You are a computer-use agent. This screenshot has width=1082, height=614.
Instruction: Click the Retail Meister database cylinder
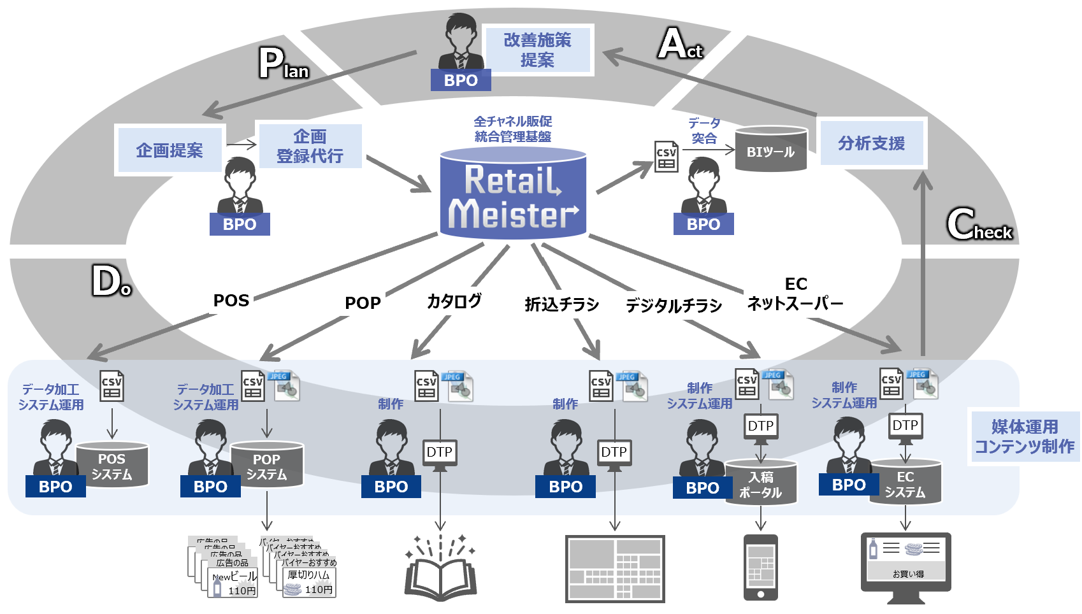513,194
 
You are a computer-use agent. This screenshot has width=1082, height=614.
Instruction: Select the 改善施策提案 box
537,50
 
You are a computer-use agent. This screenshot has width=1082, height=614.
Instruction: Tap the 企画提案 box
170,150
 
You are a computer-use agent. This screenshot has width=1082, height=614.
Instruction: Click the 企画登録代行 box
310,146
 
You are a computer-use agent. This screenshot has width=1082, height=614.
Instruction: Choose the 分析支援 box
871,143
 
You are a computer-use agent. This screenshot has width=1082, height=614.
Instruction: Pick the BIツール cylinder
770,150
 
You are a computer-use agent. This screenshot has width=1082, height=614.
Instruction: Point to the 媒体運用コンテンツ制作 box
1024,437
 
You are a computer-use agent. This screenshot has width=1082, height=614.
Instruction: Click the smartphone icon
761,568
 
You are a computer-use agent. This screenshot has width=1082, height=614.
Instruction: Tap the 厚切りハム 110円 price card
310,582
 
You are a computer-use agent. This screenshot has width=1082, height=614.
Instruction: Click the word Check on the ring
980,225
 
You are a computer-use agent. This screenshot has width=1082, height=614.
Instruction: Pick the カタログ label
454,301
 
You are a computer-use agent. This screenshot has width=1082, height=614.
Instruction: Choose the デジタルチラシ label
674,306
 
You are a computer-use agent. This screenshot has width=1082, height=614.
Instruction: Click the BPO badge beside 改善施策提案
460,81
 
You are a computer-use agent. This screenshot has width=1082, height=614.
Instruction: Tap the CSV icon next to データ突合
667,157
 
